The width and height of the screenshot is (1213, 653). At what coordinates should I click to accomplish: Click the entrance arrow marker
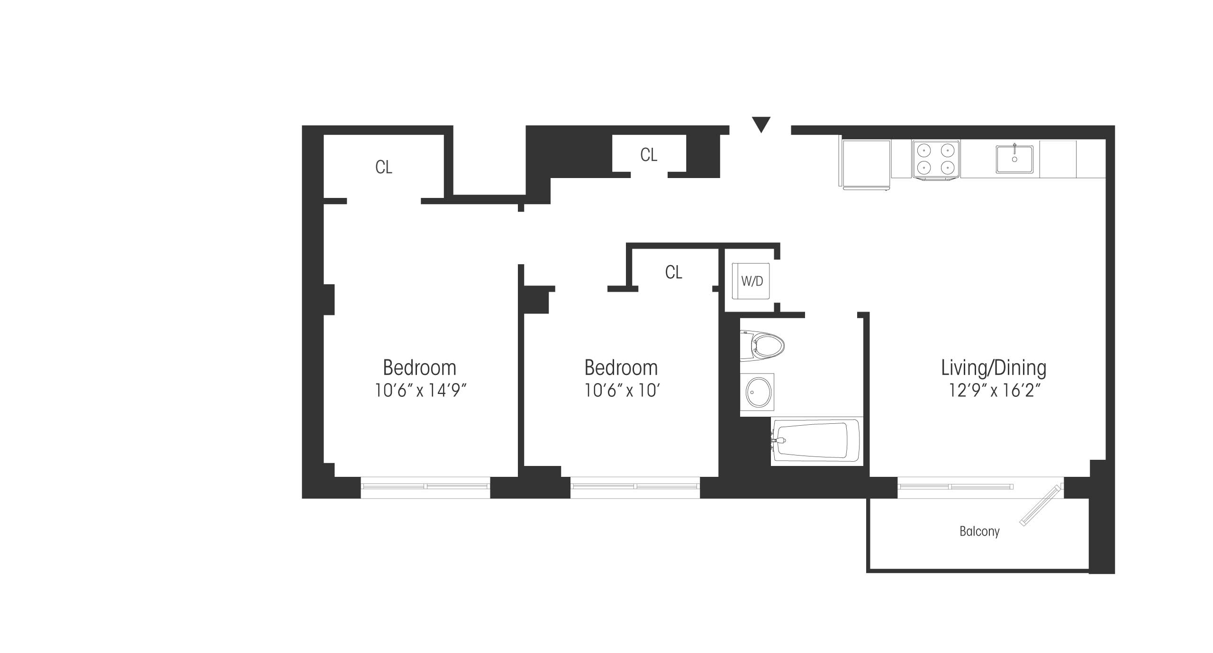[761, 125]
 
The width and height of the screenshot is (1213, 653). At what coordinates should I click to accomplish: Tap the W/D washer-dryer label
[752, 281]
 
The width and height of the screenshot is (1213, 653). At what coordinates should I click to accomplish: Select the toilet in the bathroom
[762, 347]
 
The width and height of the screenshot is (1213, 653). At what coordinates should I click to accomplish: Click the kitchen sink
[1014, 159]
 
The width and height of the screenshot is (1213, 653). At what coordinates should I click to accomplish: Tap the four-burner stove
[936, 160]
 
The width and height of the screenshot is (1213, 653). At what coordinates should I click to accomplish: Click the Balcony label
[979, 531]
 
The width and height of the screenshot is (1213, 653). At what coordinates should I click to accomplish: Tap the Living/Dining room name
[994, 368]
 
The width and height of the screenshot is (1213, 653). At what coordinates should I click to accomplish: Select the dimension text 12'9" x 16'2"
[994, 391]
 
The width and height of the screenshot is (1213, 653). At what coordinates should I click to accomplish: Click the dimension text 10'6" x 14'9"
[421, 391]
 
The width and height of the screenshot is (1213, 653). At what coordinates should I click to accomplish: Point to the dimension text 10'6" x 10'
[622, 391]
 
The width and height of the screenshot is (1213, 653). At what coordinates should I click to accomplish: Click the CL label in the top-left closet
[384, 167]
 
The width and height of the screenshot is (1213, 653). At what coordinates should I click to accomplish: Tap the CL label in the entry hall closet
[649, 155]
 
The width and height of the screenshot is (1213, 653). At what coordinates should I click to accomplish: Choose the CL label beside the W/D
[674, 272]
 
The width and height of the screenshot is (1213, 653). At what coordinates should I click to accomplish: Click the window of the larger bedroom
[425, 487]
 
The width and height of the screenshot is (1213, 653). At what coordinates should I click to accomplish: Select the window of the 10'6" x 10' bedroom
[635, 487]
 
